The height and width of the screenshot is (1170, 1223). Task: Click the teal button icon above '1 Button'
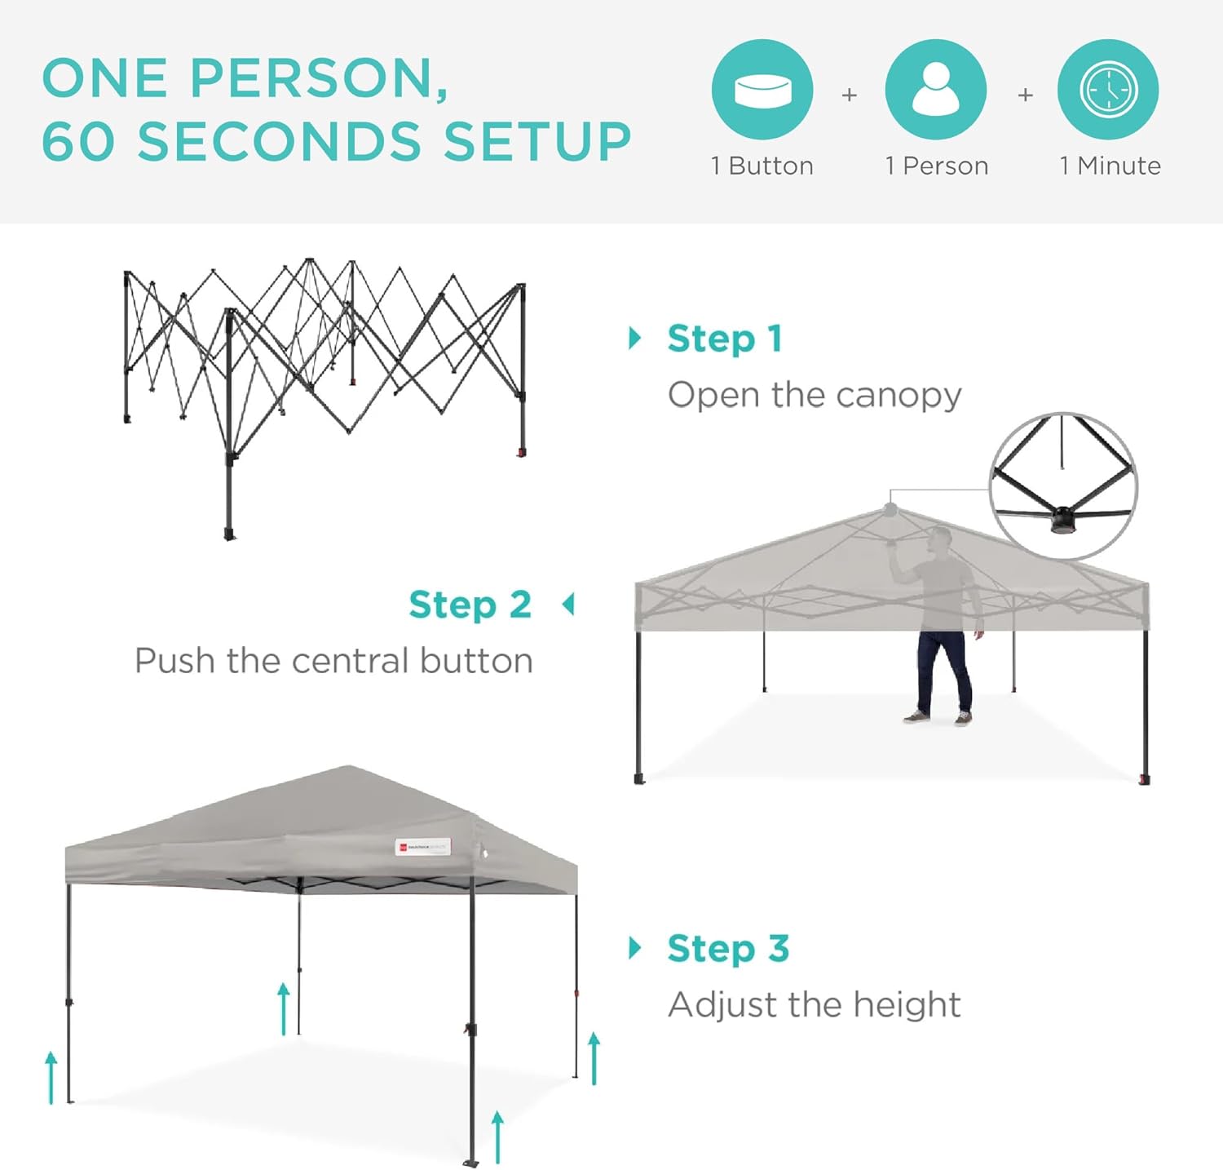[x=762, y=89]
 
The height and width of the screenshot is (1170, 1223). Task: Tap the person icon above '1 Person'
[x=935, y=89]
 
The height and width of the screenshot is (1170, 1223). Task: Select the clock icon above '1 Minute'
[x=1108, y=89]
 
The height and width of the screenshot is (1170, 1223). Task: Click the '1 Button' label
[x=762, y=166]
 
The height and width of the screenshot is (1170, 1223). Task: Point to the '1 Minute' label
[x=1110, y=166]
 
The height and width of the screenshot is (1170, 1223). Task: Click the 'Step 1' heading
[x=725, y=339]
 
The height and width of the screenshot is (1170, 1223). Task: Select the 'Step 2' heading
[x=470, y=605]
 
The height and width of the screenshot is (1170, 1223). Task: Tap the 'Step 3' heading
[x=728, y=948]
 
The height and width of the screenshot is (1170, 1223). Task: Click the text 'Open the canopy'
[x=815, y=395]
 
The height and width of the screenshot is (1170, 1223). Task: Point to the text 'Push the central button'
[x=333, y=660]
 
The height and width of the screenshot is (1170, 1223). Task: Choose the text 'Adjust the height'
[x=815, y=1004]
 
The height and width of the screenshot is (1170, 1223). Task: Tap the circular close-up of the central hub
[x=1063, y=486]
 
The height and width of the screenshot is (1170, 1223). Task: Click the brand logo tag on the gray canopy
[x=422, y=848]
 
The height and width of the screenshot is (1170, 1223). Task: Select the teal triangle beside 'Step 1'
[x=634, y=338]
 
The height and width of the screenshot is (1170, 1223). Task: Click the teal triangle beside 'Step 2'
[x=568, y=605]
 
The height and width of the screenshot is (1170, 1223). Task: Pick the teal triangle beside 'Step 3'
[x=634, y=947]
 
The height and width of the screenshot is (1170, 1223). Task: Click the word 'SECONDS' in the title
[x=280, y=141]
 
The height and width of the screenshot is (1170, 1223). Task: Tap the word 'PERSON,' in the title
[x=319, y=78]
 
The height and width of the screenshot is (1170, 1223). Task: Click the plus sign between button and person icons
[x=849, y=95]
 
